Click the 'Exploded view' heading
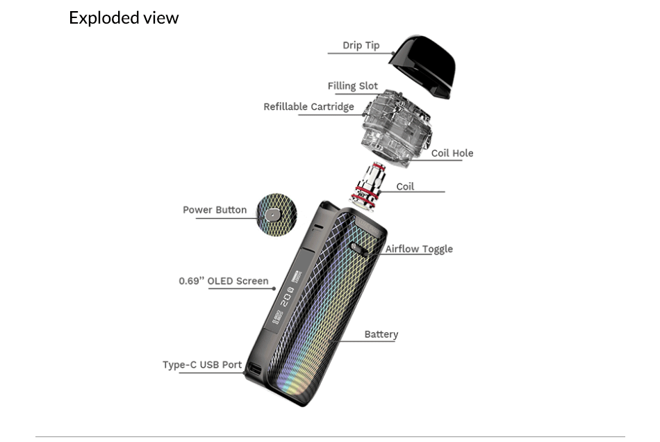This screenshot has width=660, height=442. tap(124, 18)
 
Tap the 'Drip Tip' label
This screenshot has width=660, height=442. tap(361, 45)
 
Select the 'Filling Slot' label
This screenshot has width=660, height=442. tap(352, 86)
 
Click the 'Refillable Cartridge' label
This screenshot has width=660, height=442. tap(308, 106)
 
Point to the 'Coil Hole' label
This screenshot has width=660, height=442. tap(452, 153)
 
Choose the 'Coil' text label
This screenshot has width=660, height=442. tap(405, 186)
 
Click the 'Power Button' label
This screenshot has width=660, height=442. tap(215, 209)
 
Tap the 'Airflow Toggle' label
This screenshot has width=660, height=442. tap(419, 249)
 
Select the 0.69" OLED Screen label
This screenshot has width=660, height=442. tap(223, 281)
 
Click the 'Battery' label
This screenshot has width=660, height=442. tap(381, 334)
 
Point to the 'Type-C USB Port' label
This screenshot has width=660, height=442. tap(202, 364)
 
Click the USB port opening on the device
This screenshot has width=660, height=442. tap(254, 370)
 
